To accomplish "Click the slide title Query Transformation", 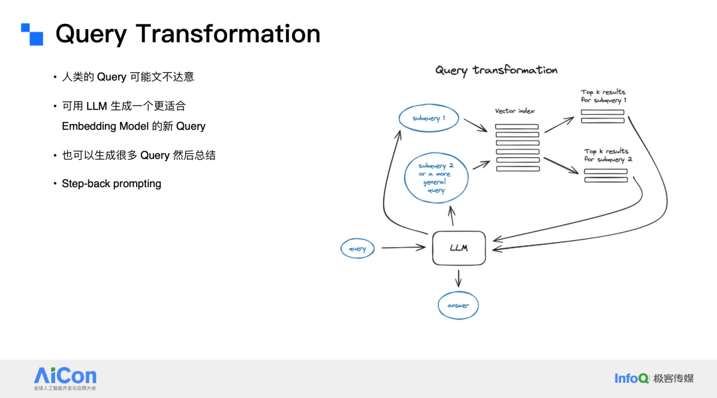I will click(188, 34).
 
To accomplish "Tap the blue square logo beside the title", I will click(32, 34).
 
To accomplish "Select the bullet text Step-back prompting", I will click(112, 184).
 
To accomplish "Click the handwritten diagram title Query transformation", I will click(496, 70).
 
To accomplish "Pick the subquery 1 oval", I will click(428, 118).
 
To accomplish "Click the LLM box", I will click(459, 248).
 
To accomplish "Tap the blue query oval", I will click(357, 249).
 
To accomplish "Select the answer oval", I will click(458, 305).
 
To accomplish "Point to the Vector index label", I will click(515, 111).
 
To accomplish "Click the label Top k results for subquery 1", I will click(603, 96).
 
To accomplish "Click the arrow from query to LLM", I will click(402, 248).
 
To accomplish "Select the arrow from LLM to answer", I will click(458, 277).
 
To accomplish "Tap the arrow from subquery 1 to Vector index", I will click(475, 125).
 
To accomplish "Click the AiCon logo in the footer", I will click(65, 378).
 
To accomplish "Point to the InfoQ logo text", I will click(631, 378).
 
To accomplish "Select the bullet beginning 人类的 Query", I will click(127, 77).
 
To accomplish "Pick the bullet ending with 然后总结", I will click(138, 155).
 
